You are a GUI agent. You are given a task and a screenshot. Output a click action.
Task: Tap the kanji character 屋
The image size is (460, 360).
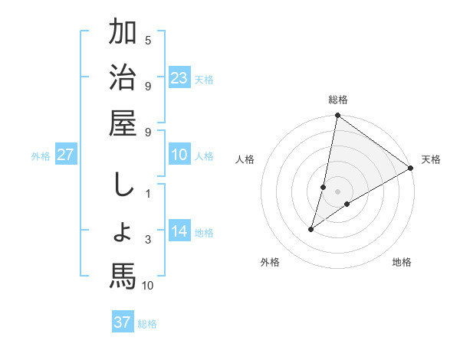pos(123,123)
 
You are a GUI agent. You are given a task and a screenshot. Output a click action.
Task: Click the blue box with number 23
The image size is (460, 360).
pos(179,77)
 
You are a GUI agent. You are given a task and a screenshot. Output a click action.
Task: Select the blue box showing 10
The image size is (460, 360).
pos(179,154)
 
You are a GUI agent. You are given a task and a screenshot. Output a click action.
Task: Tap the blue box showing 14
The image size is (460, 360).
pos(179,231)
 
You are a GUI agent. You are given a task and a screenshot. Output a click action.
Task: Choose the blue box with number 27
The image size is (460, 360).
pos(65,154)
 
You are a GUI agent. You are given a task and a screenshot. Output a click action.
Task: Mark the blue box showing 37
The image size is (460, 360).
pos(122,322)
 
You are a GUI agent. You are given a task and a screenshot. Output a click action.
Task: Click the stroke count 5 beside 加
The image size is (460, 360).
pos(148,40)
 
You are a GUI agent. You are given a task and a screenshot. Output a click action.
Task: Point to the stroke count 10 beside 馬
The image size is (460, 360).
pos(148,286)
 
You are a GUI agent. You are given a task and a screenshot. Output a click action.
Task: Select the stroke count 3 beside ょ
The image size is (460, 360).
pos(148,240)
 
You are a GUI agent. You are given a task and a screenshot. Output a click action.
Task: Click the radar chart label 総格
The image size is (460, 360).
pos(338,100)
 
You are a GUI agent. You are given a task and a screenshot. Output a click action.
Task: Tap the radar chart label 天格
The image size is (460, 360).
pos(431,159)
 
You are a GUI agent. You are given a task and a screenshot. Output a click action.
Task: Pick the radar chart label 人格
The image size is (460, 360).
pos(245,159)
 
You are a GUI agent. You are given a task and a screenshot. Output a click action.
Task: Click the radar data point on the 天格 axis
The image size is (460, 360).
pos(411,168)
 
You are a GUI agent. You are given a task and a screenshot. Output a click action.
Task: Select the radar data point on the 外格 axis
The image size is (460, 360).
pos(311,229)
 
